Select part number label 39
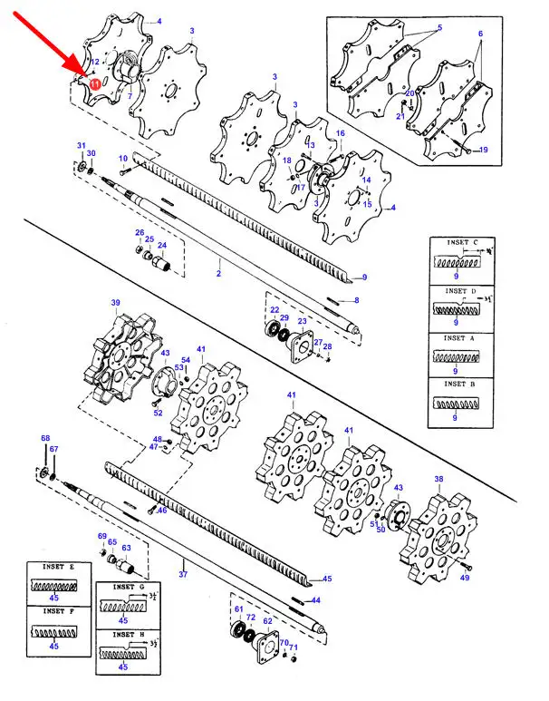pos(115,303)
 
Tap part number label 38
pos(438,480)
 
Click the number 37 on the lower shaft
pos(182,574)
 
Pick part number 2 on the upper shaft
pos(217,271)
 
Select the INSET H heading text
pos(124,635)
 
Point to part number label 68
pos(44,439)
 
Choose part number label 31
pos(80,146)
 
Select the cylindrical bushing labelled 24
pos(163,265)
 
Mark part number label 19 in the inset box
pos(483,150)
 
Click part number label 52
pos(158,413)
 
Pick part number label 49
pos(466,578)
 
